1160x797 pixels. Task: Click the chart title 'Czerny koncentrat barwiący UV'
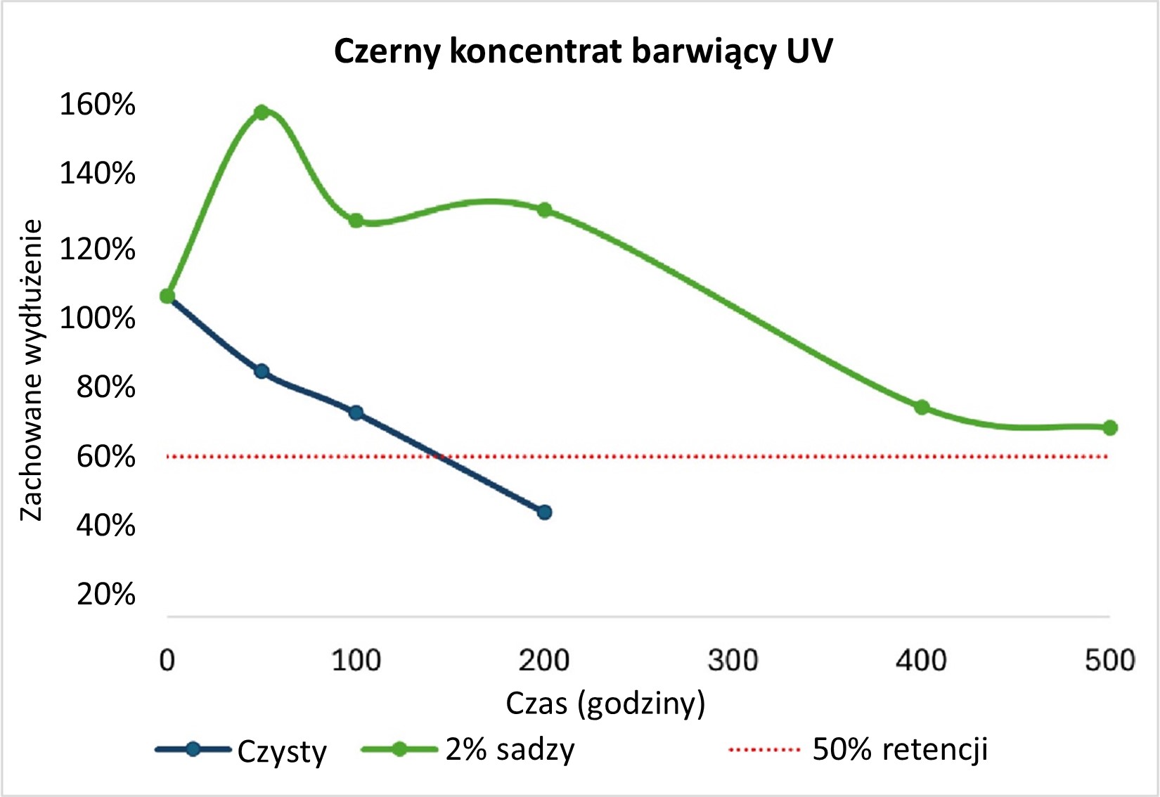[583, 51]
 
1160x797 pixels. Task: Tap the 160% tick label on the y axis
[97, 105]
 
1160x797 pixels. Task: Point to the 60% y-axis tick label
[105, 457]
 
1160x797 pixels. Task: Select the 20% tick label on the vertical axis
[105, 595]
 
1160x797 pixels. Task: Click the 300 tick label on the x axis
[733, 661]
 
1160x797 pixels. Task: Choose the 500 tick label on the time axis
[1109, 661]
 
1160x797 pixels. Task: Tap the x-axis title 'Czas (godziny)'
[605, 704]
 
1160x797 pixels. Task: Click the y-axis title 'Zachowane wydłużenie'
[32, 370]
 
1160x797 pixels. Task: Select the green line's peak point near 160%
[262, 112]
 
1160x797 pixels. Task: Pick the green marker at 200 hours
[544, 210]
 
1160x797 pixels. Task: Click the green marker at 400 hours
[922, 408]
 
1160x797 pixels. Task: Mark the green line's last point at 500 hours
[1110, 428]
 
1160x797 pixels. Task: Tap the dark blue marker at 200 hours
[544, 512]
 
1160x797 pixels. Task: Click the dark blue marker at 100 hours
[356, 413]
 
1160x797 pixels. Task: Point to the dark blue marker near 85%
[262, 372]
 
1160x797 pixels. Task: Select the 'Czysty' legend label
[282, 751]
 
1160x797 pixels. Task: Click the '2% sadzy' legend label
[510, 750]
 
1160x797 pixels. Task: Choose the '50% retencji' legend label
[900, 750]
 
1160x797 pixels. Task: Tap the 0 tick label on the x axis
[167, 661]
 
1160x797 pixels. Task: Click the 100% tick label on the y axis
[97, 318]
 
